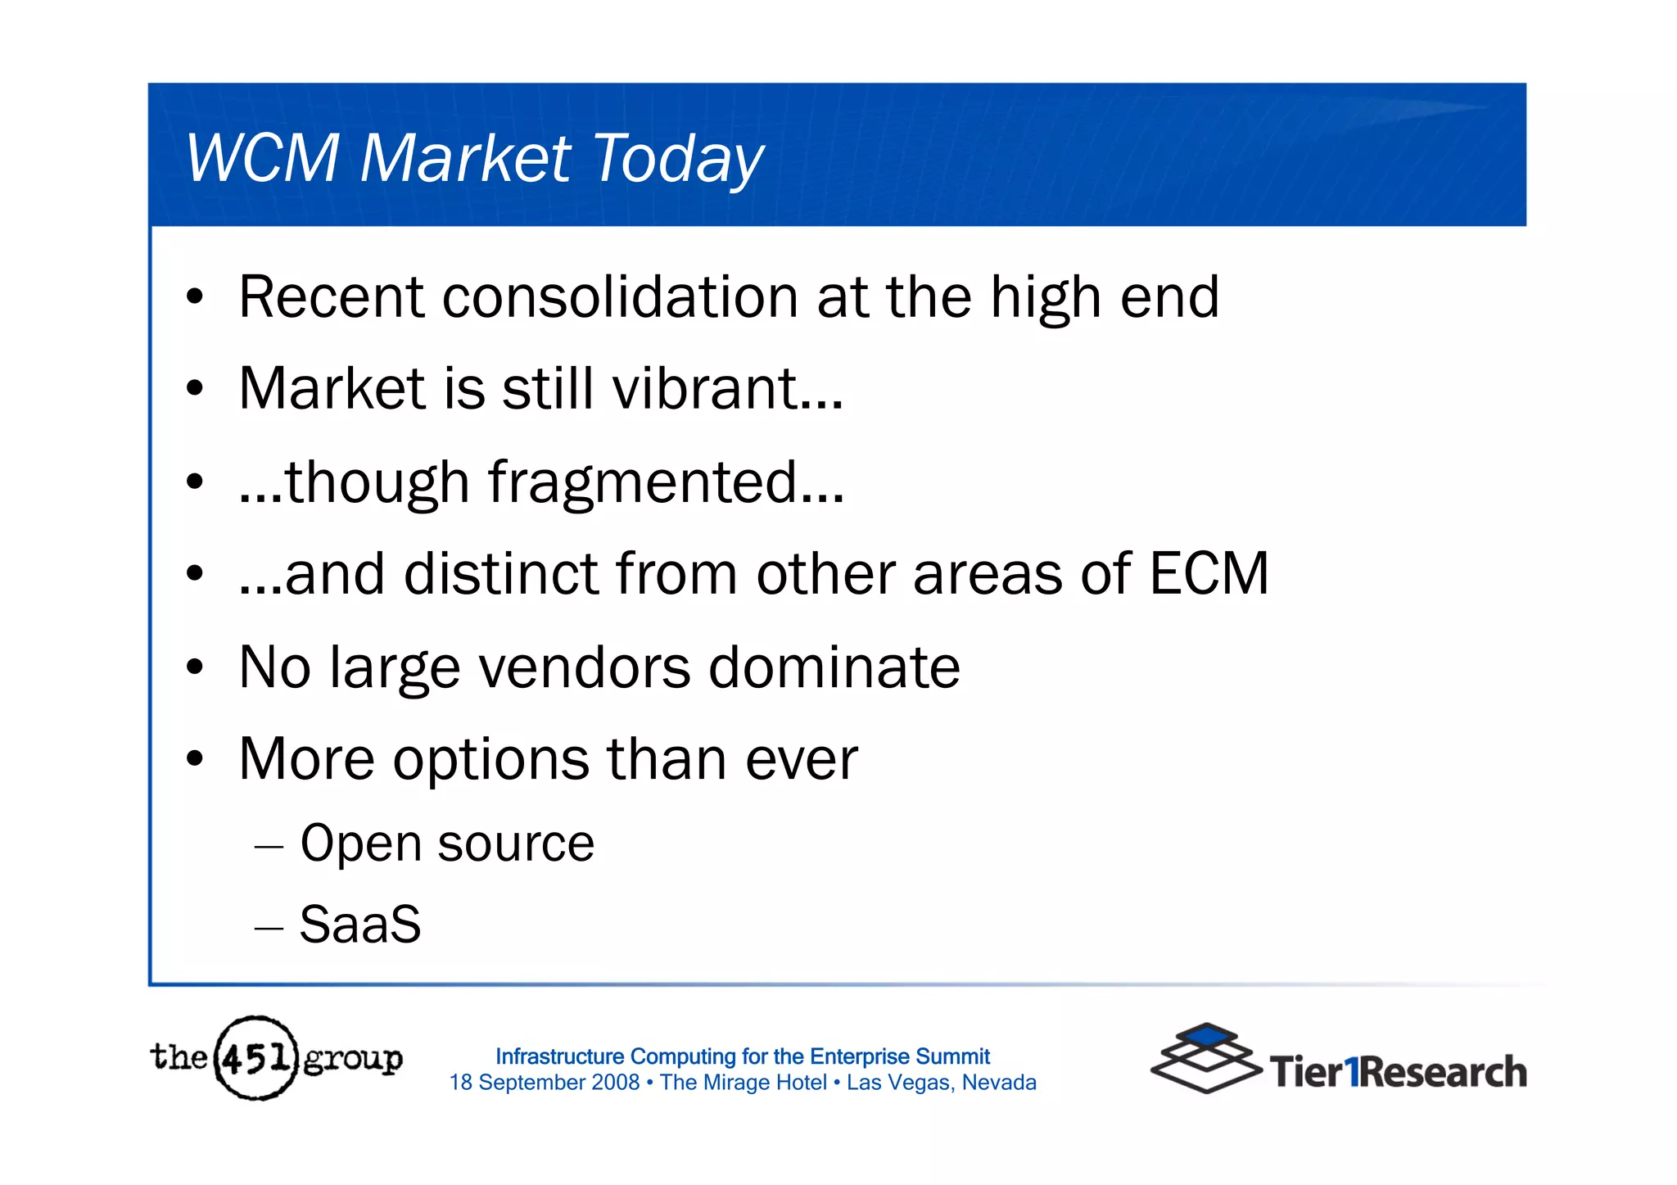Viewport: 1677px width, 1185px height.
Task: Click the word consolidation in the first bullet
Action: [x=620, y=296]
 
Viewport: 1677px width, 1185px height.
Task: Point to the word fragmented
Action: [x=643, y=482]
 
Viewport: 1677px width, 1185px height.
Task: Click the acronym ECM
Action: [x=1209, y=573]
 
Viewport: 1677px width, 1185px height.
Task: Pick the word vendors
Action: [x=585, y=667]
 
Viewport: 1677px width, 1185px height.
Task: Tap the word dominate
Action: [x=834, y=667]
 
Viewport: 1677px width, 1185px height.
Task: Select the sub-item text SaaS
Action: [x=360, y=925]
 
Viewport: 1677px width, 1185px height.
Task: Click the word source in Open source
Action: [x=516, y=844]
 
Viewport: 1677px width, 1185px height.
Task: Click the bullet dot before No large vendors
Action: [x=194, y=667]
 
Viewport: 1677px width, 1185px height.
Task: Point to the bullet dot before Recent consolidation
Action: [x=194, y=297]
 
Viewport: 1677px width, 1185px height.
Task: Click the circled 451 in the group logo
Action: [x=255, y=1058]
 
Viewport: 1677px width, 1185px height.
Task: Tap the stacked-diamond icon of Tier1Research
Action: [x=1205, y=1058]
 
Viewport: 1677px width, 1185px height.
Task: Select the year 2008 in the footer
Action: [x=615, y=1083]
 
